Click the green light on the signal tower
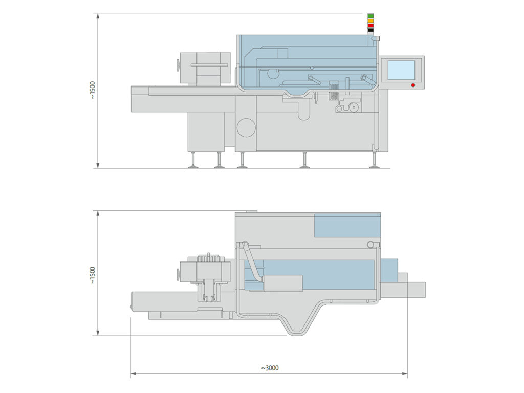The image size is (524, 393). pyautogui.click(x=371, y=16)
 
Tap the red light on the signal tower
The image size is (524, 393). pyautogui.click(x=371, y=25)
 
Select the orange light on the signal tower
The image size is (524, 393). pyautogui.click(x=371, y=20)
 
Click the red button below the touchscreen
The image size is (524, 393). pyautogui.click(x=413, y=85)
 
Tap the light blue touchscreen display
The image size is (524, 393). pyautogui.click(x=401, y=70)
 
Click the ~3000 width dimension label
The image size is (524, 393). pyautogui.click(x=270, y=368)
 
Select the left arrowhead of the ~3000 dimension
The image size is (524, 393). pyautogui.click(x=133, y=374)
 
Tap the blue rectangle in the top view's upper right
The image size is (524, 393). pyautogui.click(x=347, y=226)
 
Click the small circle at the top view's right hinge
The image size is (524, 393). pyautogui.click(x=370, y=245)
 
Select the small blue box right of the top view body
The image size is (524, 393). pyautogui.click(x=389, y=270)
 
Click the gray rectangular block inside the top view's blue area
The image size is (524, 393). pyautogui.click(x=282, y=283)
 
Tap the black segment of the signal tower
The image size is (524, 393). pyautogui.click(x=371, y=30)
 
